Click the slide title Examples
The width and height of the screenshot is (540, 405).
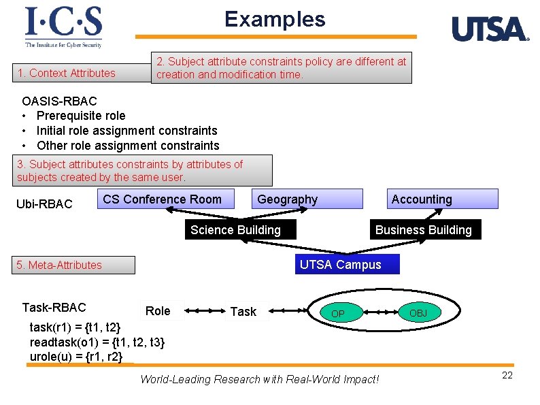pos(275,19)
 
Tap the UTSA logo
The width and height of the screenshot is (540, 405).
pos(490,29)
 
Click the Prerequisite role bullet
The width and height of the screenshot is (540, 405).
pos(80,116)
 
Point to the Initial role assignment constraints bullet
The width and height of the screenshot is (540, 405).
pos(126,131)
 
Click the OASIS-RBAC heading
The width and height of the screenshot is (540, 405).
pos(59,101)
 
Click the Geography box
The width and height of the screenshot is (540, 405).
pos(287,199)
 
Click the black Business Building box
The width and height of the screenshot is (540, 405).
pos(424,230)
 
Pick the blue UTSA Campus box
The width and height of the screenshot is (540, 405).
pos(347,265)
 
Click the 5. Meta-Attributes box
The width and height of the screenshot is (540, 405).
pos(75,265)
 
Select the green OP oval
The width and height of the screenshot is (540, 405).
pos(338,313)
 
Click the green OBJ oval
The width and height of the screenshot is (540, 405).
pos(418,312)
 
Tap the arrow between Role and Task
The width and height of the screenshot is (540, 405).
pos(204,312)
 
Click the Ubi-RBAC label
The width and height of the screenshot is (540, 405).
pos(44,204)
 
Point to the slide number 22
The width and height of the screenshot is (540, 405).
pos(507,376)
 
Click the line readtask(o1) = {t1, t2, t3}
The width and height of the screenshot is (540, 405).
pos(97,342)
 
